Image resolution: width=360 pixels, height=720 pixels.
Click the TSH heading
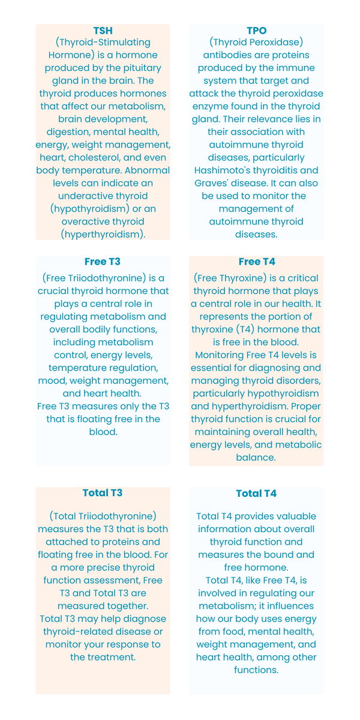(x=103, y=30)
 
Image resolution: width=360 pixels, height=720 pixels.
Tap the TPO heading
(x=257, y=30)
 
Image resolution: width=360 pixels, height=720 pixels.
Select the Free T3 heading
(x=103, y=262)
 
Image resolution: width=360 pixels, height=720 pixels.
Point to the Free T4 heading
(x=257, y=262)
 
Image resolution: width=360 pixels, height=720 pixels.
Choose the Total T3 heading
(x=103, y=493)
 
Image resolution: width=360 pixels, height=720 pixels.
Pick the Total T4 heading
(x=256, y=493)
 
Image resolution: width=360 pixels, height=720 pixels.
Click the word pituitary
(x=137, y=68)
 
